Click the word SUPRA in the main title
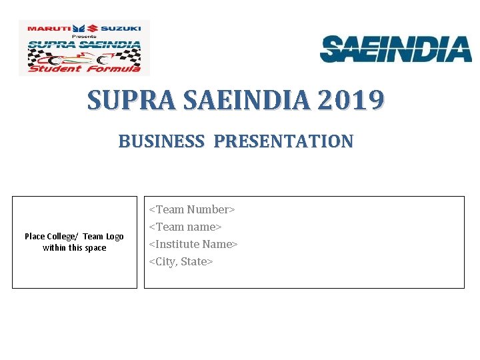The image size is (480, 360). tap(131, 100)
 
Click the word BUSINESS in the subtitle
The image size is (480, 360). tap(161, 141)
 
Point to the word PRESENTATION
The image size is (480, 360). tap(283, 141)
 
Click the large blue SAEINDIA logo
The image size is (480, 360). tap(396, 49)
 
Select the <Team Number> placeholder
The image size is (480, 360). tap(191, 209)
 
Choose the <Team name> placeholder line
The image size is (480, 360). tap(185, 227)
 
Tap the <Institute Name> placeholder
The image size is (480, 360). tap(193, 244)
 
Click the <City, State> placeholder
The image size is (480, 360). tap(181, 261)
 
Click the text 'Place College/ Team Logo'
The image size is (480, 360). tap(74, 237)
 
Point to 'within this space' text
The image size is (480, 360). tap(74, 248)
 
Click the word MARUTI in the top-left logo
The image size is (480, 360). tap(48, 29)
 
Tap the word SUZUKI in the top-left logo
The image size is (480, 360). tap(121, 29)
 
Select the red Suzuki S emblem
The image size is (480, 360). tap(93, 28)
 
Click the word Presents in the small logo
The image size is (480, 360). tap(84, 36)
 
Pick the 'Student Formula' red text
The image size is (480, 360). tap(84, 68)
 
